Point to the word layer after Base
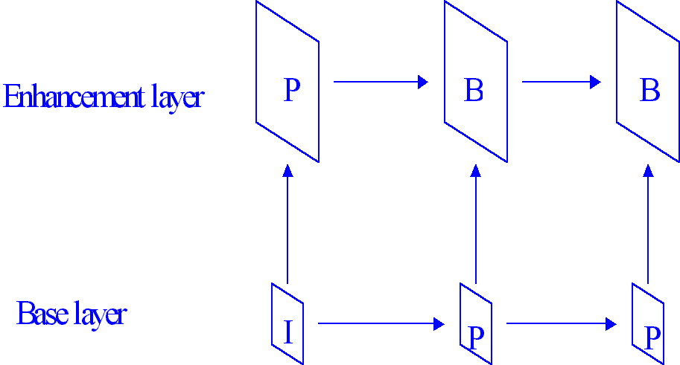pyautogui.click(x=100, y=314)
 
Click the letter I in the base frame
pyautogui.click(x=287, y=332)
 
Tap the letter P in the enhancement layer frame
pyautogui.click(x=292, y=91)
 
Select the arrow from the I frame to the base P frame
pyautogui.click(x=381, y=323)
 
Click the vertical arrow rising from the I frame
pyautogui.click(x=287, y=223)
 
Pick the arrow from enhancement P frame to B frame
pyautogui.click(x=381, y=82)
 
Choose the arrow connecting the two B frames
pyautogui.click(x=561, y=82)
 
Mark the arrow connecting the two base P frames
pyautogui.click(x=561, y=323)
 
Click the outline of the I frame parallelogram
pyautogui.click(x=273, y=320)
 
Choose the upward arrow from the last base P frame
pyautogui.click(x=648, y=223)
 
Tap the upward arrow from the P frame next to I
pyautogui.click(x=476, y=223)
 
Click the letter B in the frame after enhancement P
pyautogui.click(x=474, y=91)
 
